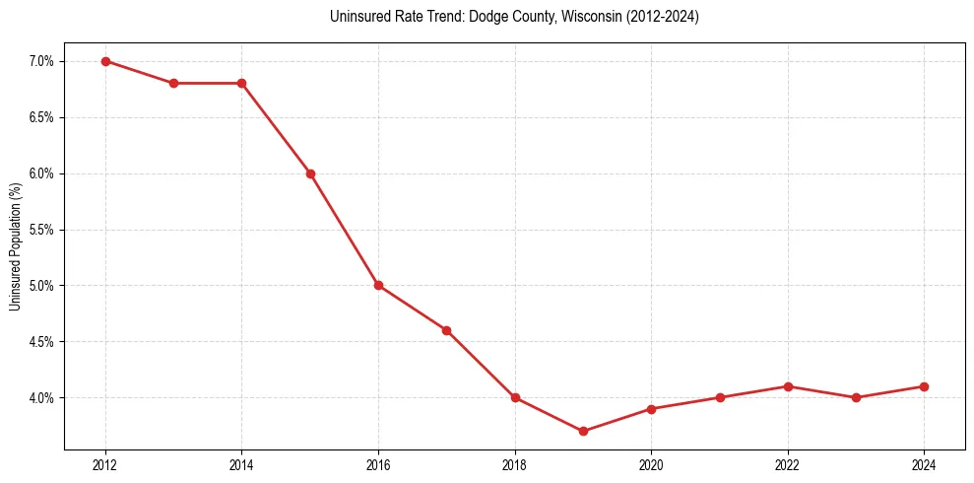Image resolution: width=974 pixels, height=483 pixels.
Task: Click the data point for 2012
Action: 105,61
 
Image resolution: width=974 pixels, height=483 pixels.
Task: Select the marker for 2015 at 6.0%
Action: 310,173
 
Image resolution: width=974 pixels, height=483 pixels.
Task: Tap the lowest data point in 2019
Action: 583,431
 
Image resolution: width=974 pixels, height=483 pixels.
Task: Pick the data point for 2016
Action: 378,286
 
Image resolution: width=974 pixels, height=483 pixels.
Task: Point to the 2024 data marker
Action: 924,386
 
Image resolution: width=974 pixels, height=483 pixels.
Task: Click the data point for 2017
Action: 446,330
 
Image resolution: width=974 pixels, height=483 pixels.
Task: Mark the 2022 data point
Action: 788,386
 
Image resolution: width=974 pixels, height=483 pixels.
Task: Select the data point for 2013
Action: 173,83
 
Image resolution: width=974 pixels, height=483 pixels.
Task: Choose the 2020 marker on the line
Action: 651,408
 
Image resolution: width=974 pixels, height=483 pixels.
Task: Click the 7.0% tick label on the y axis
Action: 42,61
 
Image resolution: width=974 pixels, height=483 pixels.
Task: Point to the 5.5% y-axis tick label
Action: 42,230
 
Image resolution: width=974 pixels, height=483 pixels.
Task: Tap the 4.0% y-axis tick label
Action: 42,398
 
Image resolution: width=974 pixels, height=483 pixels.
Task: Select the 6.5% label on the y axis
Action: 42,117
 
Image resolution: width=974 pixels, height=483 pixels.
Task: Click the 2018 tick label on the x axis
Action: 515,465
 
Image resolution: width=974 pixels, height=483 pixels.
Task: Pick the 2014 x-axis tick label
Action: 241,465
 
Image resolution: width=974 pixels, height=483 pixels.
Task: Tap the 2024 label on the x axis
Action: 924,465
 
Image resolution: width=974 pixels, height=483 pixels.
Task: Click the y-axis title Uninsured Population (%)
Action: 15,246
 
